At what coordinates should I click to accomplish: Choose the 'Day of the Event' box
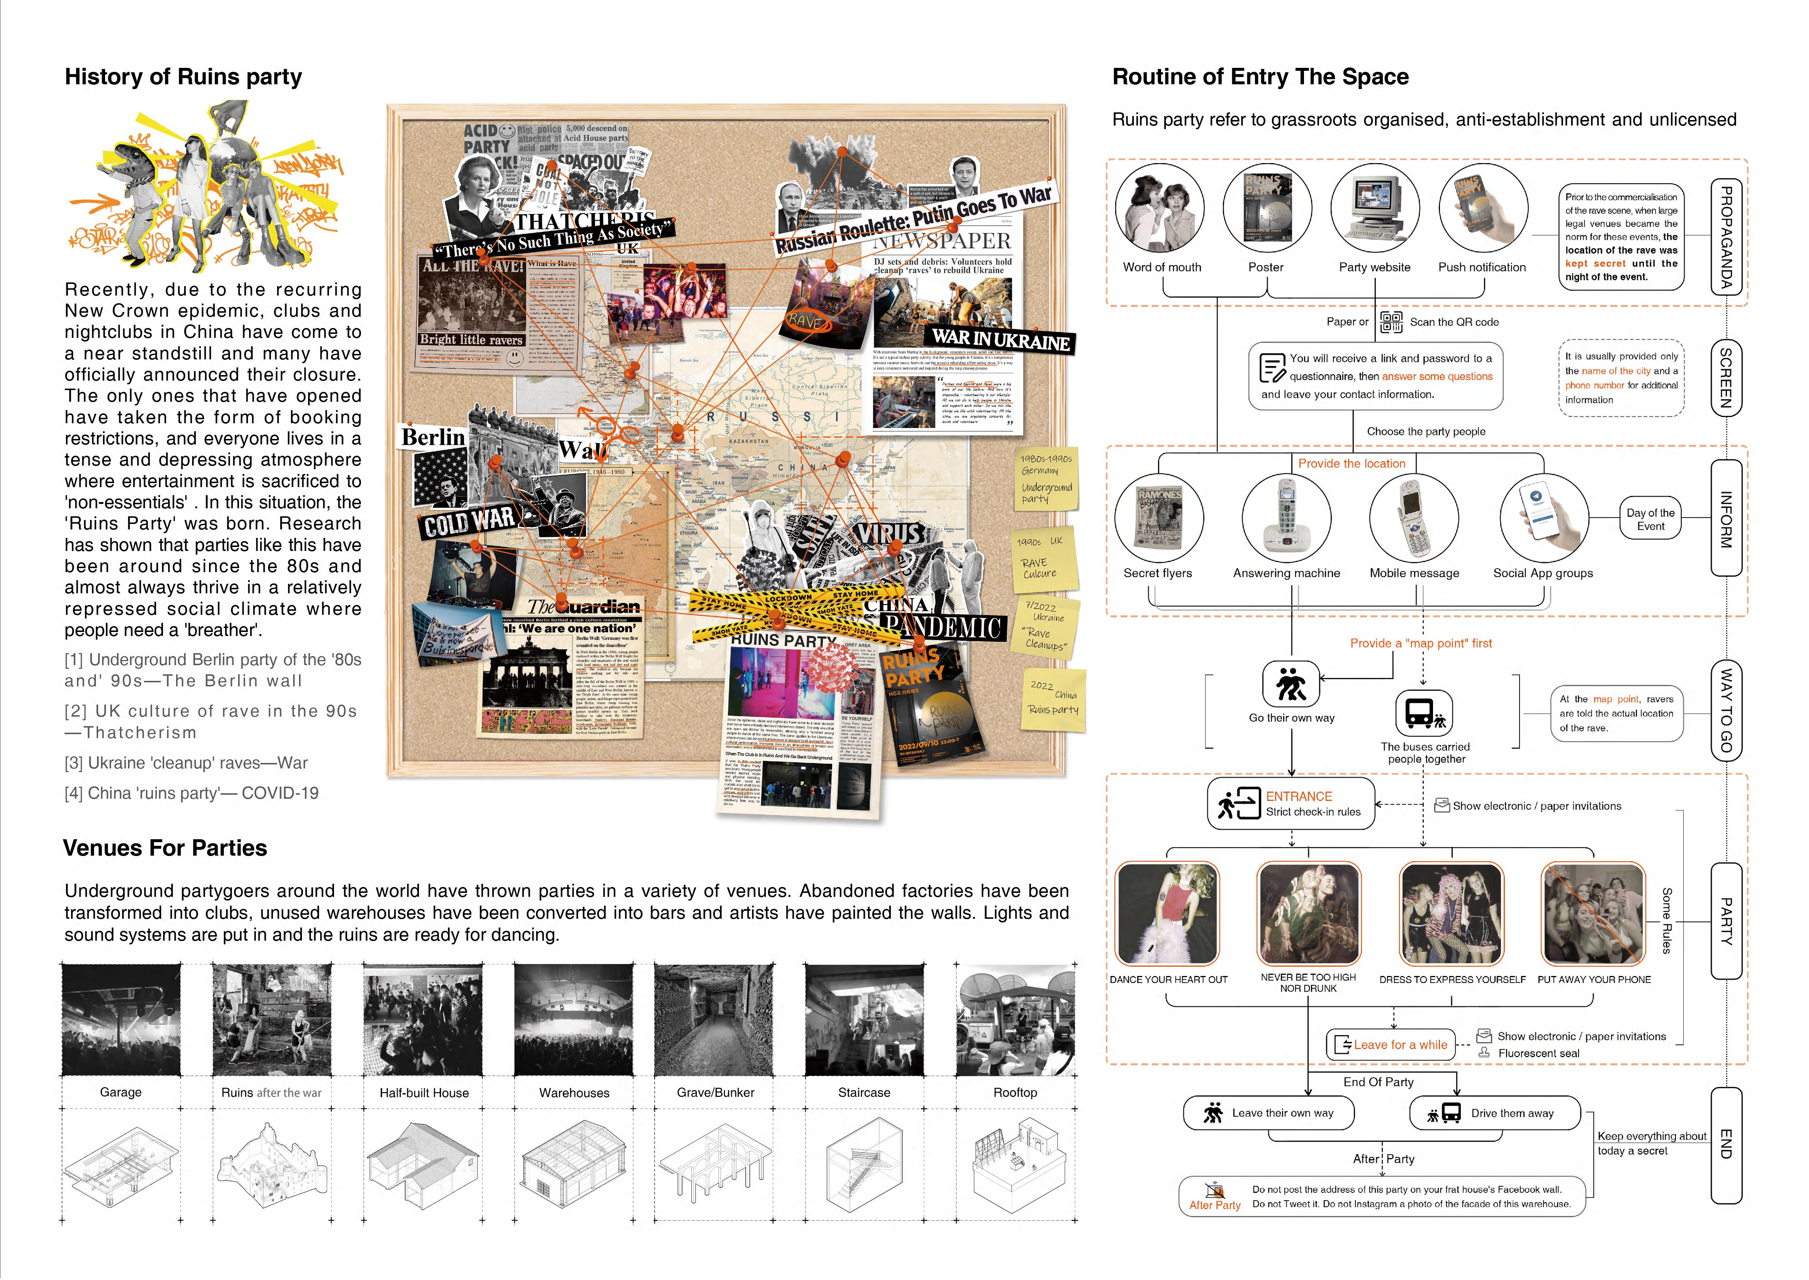coord(1651,518)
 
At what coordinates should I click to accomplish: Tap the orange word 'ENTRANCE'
coord(1298,796)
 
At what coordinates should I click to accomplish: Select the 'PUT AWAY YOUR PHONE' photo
coord(1593,914)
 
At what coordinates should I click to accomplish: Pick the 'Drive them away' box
coord(1494,1113)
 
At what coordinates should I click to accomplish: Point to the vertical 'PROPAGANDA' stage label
coord(1725,236)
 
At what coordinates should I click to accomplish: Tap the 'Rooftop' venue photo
coord(1015,1020)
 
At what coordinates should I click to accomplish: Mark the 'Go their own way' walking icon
coord(1290,683)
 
